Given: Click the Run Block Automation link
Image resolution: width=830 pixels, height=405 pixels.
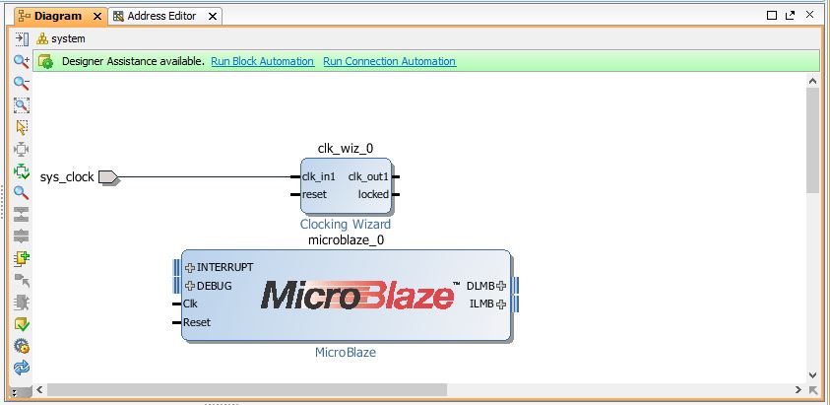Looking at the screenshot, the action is click(263, 61).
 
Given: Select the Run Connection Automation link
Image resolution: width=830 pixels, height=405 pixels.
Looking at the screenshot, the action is click(390, 61).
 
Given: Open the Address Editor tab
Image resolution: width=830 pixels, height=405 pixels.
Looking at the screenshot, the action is click(161, 17).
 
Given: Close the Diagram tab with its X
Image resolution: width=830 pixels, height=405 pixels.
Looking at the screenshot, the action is click(97, 17).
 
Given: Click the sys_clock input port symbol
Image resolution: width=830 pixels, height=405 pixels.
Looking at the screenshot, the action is click(109, 177).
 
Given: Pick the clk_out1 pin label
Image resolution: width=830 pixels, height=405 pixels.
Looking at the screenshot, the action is click(368, 177).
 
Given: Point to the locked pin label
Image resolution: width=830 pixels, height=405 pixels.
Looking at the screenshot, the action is click(373, 194).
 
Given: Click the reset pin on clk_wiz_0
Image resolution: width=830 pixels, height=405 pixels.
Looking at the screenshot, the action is click(314, 194).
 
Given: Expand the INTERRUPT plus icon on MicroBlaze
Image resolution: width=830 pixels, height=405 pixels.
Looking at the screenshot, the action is click(190, 268).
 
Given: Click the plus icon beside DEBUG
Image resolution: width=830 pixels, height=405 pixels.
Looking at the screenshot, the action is click(190, 286).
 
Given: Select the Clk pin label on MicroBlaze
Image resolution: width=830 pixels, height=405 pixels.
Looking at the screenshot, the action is click(190, 304).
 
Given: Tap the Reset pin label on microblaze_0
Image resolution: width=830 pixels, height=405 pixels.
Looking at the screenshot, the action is click(197, 322).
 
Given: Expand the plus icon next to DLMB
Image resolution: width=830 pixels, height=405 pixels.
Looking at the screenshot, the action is click(501, 286).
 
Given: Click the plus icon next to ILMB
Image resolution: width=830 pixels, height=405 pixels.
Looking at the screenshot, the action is click(501, 304).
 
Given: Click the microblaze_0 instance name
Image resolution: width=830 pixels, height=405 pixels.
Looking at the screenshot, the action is click(347, 240).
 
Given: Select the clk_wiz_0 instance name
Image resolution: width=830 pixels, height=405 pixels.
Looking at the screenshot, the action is click(346, 149).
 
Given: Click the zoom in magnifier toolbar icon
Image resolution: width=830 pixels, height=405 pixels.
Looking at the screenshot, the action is click(22, 61).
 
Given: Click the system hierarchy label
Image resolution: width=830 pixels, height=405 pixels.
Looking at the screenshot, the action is click(68, 39).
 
